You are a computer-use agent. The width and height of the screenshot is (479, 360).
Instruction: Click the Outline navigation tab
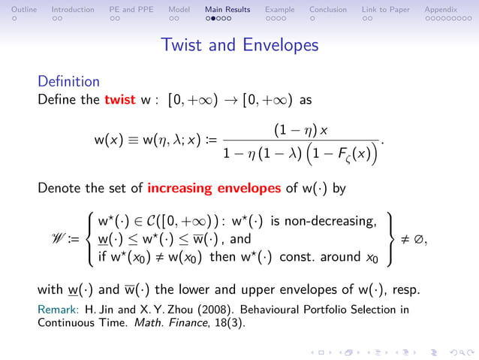click(x=14, y=10)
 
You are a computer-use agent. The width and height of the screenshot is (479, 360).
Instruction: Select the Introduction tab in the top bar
click(x=73, y=10)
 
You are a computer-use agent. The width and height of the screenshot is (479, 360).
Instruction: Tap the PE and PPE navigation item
click(x=131, y=10)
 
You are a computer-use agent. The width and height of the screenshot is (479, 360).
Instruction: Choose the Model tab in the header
click(x=179, y=10)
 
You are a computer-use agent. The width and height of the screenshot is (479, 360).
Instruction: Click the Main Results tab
click(x=227, y=10)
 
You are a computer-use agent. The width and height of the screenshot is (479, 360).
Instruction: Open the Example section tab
click(x=280, y=10)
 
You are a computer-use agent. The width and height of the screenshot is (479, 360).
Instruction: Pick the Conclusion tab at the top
click(x=328, y=10)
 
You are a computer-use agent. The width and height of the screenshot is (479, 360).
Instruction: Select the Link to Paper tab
click(x=386, y=10)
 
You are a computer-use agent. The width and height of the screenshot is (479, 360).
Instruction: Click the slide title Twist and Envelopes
click(x=239, y=45)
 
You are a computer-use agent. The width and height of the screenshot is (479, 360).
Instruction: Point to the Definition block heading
click(x=68, y=81)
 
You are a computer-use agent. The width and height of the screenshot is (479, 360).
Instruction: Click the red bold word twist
click(x=120, y=100)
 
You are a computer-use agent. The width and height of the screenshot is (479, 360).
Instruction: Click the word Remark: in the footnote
click(x=57, y=310)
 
